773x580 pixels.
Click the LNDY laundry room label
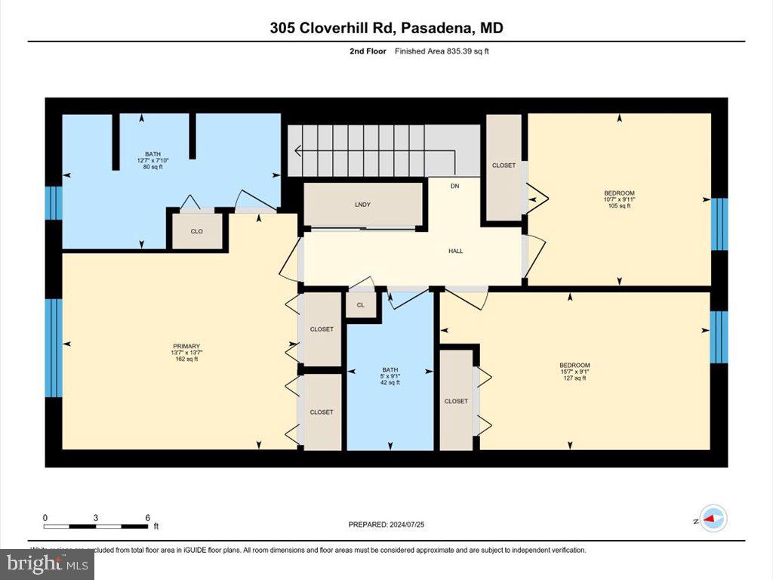362,205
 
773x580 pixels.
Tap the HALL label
455,251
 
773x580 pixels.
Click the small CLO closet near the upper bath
196,232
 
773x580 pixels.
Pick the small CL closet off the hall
360,305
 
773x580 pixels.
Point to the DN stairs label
454,186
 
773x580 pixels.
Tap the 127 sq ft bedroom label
574,371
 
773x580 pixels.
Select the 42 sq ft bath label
390,376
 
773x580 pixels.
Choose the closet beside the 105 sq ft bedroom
504,165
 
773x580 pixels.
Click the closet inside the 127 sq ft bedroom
456,401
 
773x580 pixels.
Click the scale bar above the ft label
96,525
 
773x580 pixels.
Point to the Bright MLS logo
47,563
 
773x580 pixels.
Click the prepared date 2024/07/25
391,524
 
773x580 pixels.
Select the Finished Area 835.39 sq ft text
446,51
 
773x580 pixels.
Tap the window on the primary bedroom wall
53,347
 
